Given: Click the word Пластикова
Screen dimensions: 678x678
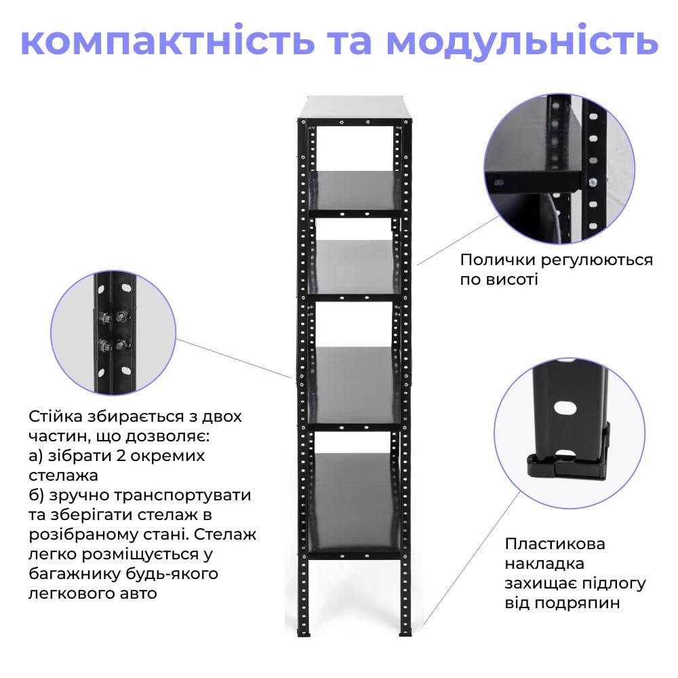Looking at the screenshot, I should [555, 544].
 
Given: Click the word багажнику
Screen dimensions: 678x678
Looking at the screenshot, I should [75, 574].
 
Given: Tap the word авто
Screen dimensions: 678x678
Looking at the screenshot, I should [142, 593].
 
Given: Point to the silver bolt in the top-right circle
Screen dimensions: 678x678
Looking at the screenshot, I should [593, 181].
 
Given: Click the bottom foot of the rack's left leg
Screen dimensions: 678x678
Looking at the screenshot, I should [302, 634].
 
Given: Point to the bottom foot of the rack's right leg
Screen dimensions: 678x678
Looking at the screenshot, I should [405, 634].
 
